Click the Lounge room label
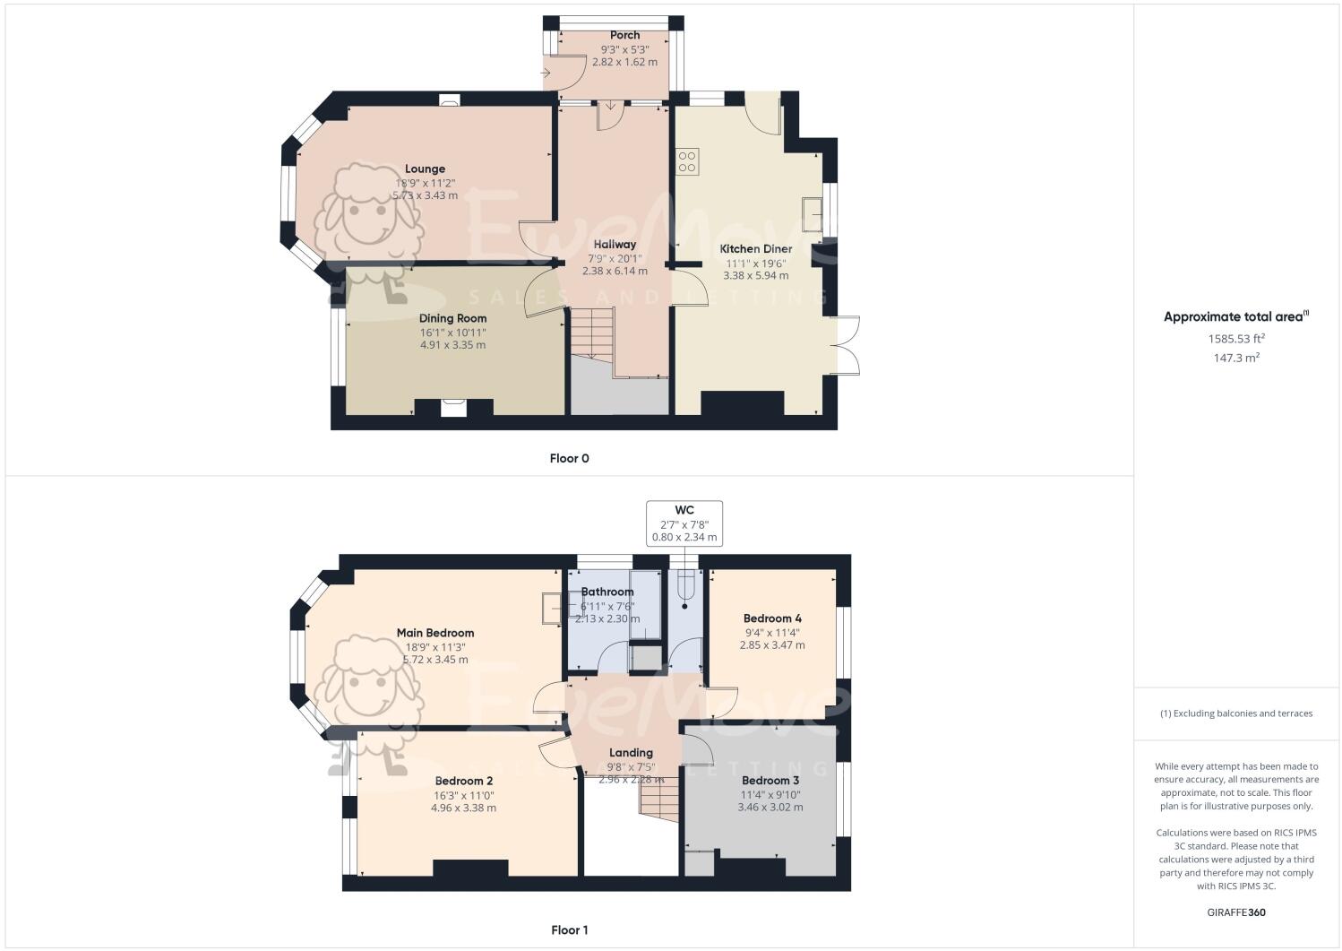[425, 169]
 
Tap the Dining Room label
[452, 318]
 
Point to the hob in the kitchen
[687, 161]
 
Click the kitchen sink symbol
[813, 213]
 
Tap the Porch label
[624, 36]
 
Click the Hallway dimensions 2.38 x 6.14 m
[614, 271]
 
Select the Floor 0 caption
[569, 459]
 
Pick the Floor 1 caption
[569, 930]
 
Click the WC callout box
[684, 523]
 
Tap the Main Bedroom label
[434, 633]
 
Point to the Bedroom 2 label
[464, 781]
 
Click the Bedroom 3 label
[770, 781]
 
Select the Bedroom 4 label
[771, 618]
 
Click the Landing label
[631, 753]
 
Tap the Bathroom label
[606, 592]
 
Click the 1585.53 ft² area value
[1235, 339]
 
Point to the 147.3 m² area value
[1235, 358]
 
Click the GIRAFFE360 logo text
[1235, 913]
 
